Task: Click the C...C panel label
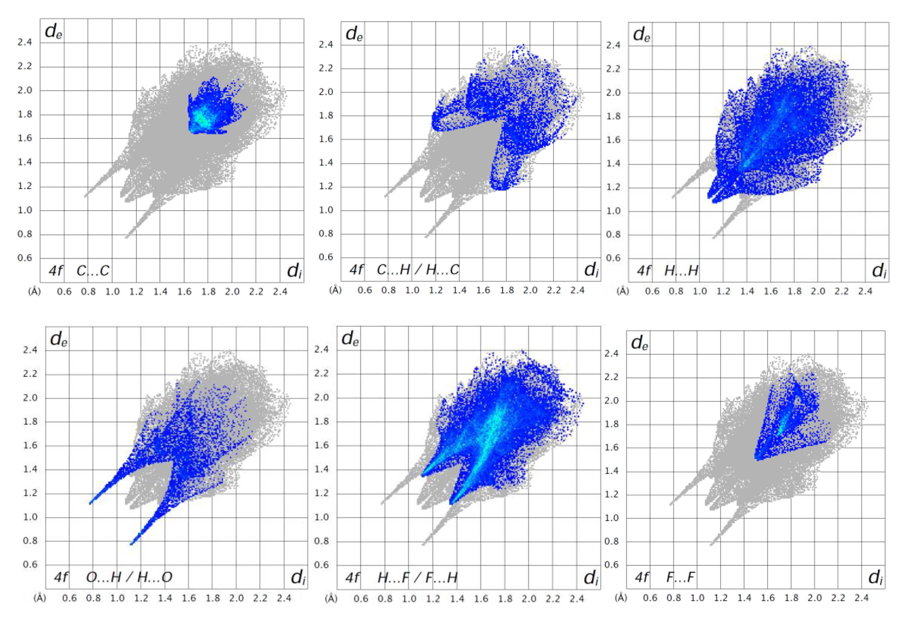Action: tap(93, 271)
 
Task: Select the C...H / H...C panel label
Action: tap(418, 269)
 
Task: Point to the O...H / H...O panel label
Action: tap(129, 577)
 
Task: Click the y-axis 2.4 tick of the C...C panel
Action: tap(25, 42)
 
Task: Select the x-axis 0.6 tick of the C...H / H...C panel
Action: tap(364, 290)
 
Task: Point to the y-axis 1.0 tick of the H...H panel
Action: tap(613, 211)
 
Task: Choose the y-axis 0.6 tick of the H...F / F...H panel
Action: tap(321, 565)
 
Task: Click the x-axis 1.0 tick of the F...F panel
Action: tap(697, 598)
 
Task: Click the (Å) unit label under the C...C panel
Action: tap(34, 291)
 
